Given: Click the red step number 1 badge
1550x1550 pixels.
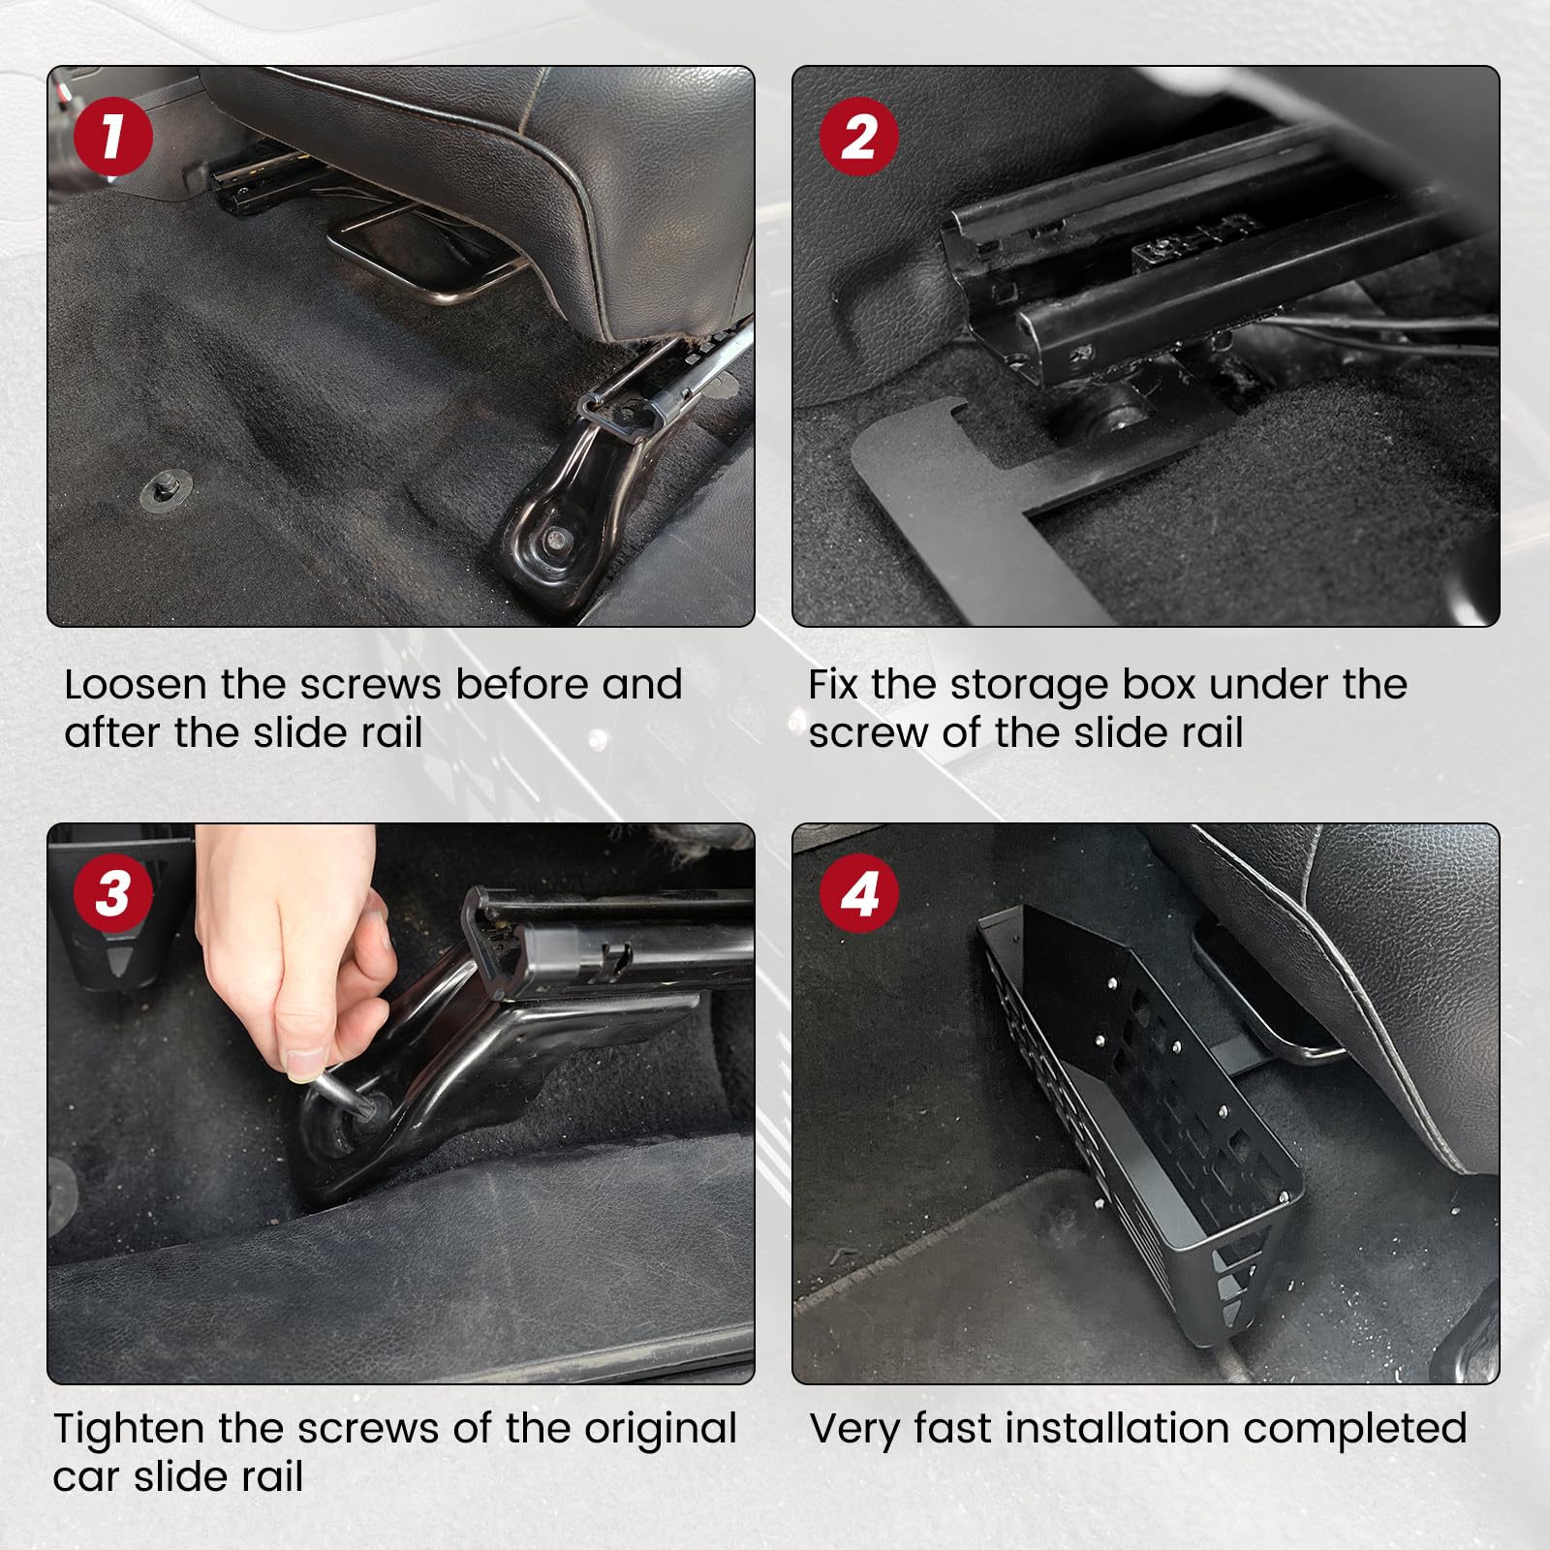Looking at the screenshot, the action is tap(113, 137).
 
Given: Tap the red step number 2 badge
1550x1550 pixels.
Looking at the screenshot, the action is tap(859, 137).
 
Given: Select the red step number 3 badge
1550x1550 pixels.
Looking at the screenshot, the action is tap(113, 893).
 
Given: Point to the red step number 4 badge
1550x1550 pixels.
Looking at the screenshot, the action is tap(859, 893).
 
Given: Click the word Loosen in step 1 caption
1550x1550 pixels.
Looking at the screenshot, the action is tap(136, 685).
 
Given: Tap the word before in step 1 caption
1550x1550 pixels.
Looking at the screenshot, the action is tap(521, 685).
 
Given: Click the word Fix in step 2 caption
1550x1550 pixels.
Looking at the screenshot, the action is tap(832, 685).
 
